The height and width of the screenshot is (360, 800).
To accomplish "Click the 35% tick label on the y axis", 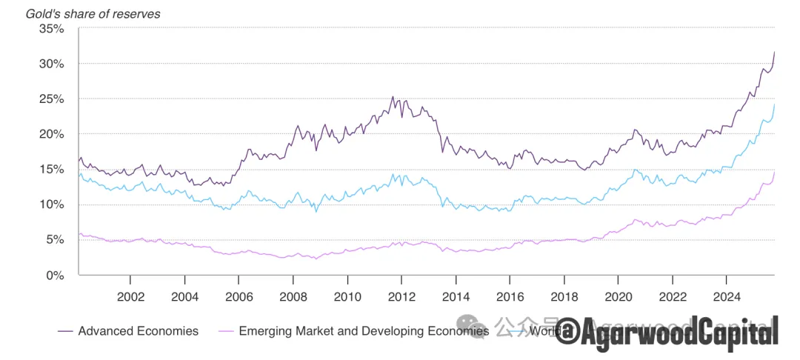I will (x=51, y=29).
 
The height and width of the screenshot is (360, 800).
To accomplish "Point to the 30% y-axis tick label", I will (x=51, y=64).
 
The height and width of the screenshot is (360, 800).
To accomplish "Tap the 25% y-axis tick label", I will (x=51, y=99).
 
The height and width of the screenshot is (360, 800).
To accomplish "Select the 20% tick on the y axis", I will (x=51, y=134).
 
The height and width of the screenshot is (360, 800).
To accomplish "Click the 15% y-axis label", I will (x=51, y=170).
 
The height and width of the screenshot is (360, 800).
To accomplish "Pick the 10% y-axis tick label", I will (x=51, y=204).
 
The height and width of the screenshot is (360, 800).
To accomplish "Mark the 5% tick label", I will (x=54, y=239).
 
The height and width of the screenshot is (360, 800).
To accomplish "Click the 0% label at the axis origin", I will (x=54, y=275).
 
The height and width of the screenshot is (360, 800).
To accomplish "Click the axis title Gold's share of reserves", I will (x=93, y=13).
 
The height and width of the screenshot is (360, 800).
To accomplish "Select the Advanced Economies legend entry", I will (x=138, y=331).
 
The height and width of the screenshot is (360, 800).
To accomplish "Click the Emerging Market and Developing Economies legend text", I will (x=364, y=331).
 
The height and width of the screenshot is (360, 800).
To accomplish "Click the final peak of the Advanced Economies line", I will (x=774, y=52).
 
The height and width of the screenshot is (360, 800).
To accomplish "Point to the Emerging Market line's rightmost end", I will (x=774, y=171).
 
